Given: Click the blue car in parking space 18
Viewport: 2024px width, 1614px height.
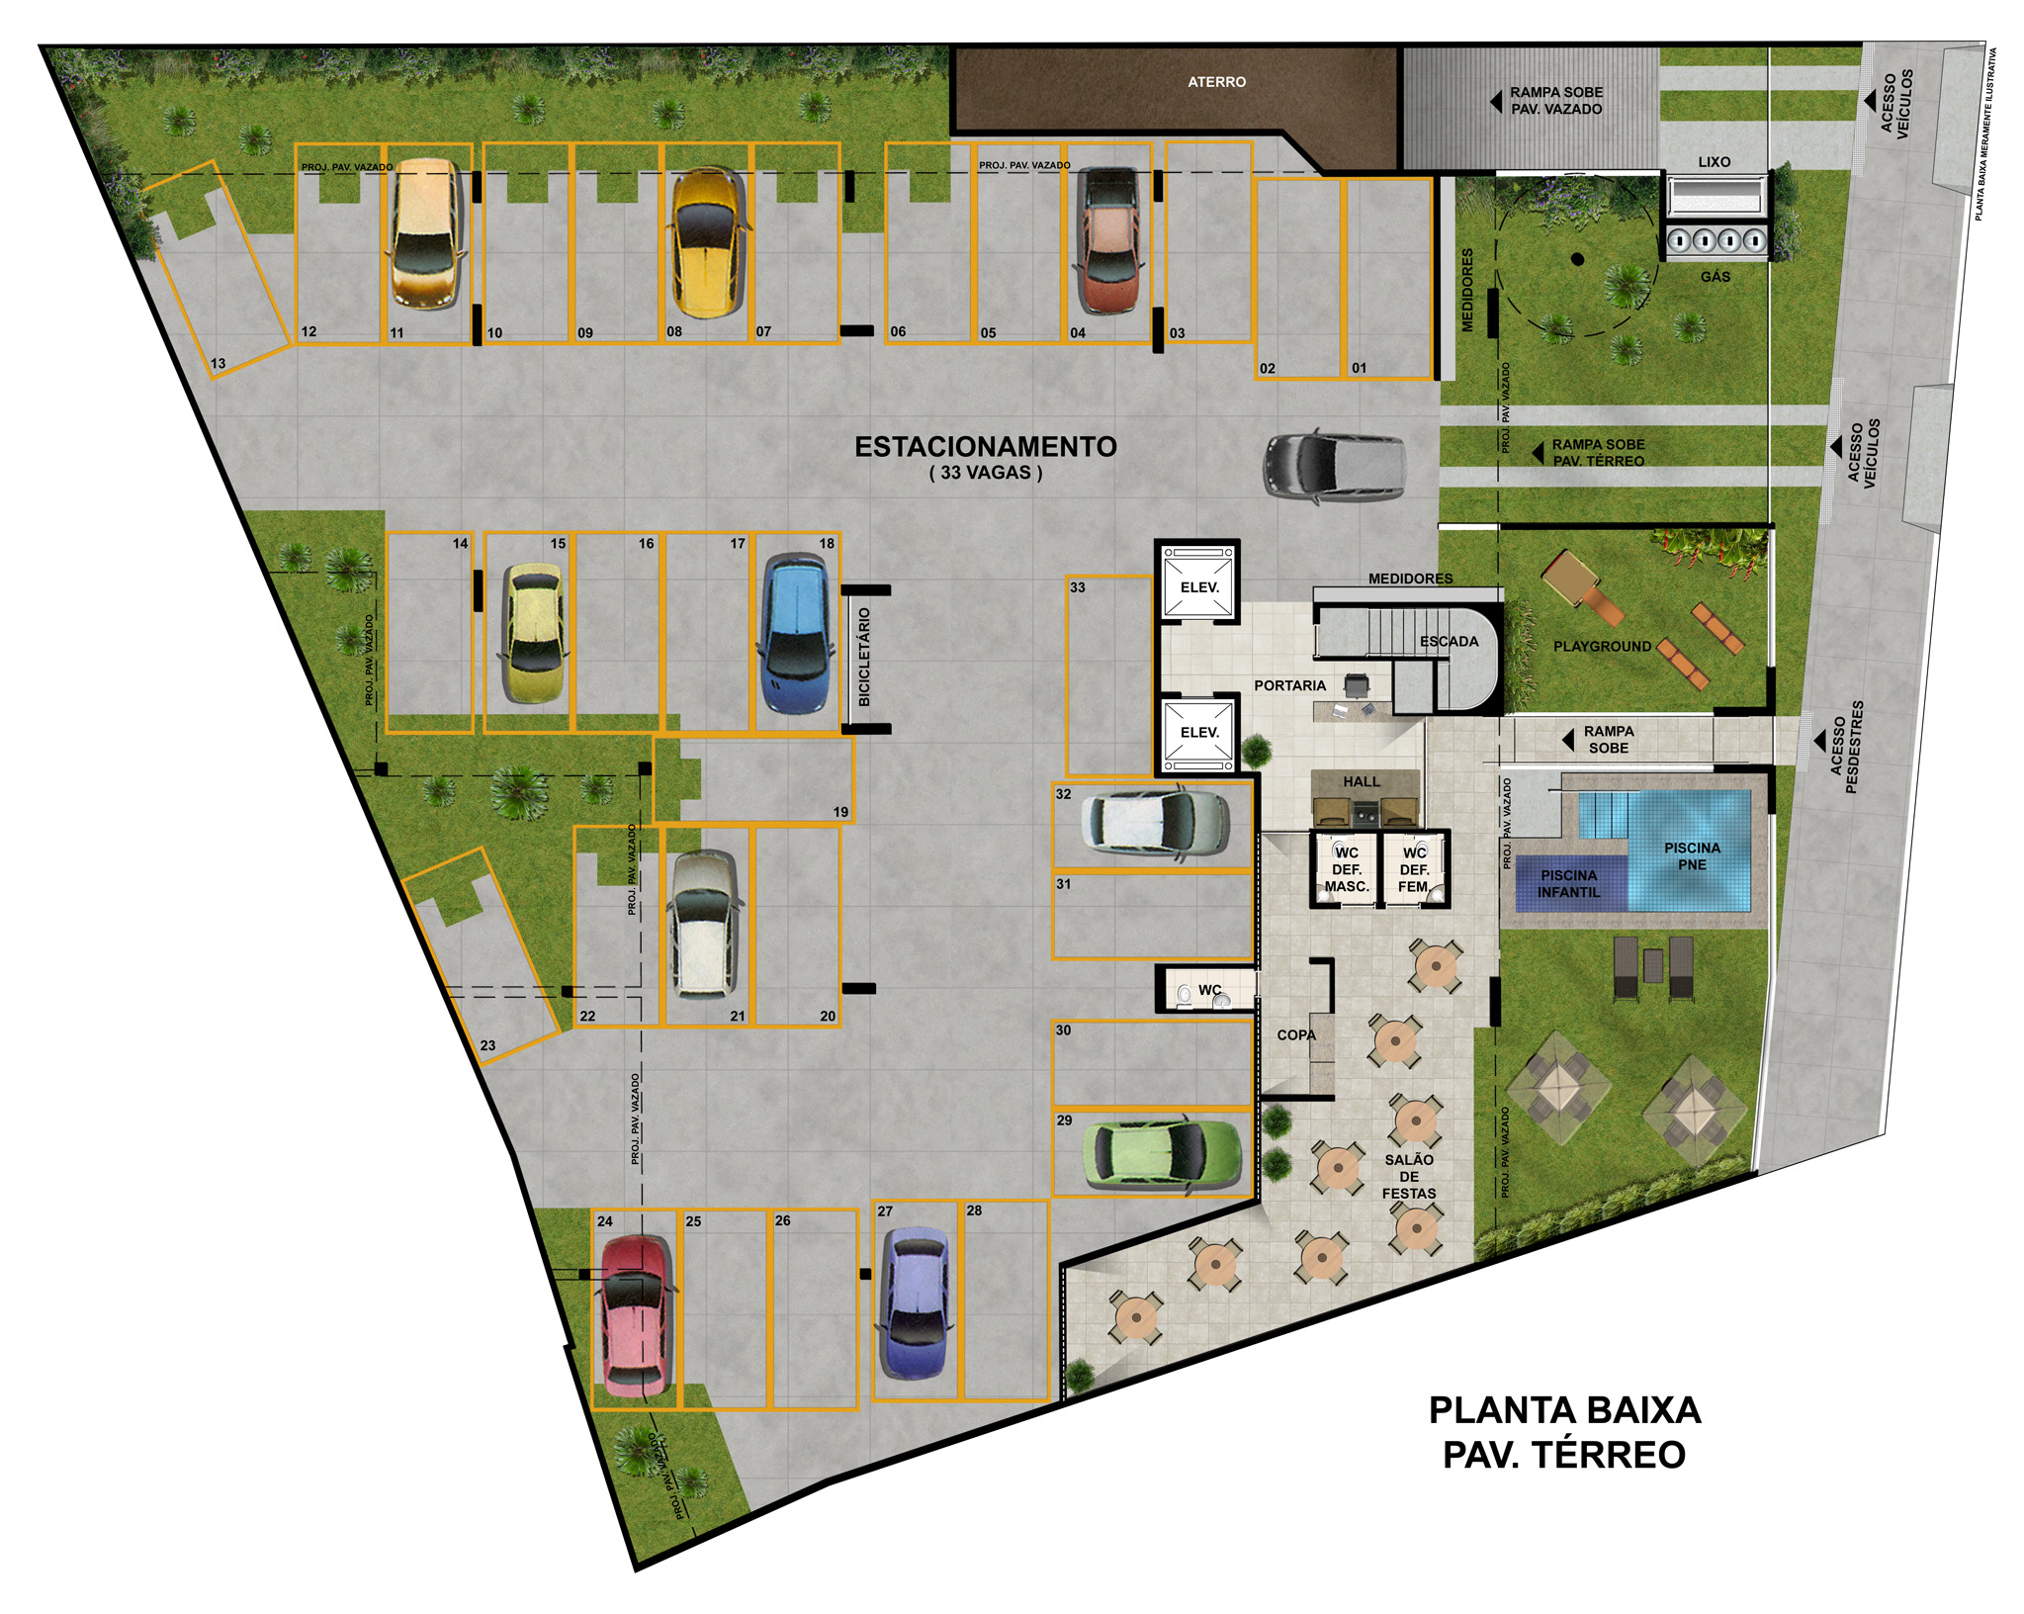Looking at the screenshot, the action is pos(797,634).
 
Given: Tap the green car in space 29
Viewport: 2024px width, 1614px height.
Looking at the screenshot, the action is pos(1162,1153).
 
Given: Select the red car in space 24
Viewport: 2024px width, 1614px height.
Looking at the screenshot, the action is pos(637,1316).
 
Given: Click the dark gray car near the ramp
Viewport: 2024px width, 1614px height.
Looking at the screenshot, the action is pos(1334,466).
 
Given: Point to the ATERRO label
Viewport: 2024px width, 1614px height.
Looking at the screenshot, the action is pos(1216,82).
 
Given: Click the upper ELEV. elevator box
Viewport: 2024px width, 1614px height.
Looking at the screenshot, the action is pos(1198,587).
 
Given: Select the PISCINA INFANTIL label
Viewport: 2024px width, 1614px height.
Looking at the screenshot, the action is pos(1568,883).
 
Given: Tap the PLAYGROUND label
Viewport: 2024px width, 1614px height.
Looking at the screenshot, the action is pos(1602,646).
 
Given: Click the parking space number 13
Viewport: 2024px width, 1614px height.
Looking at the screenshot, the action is pos(218,363).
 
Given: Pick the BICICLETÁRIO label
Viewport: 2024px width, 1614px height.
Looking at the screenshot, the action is pos(864,657).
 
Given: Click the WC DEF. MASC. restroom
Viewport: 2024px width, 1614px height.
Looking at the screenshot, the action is pos(1346,868).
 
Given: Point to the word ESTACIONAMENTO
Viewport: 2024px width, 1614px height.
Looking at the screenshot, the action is pos(985,447).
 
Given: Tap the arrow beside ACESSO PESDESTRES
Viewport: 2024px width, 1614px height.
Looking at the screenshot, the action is pos(1818,740).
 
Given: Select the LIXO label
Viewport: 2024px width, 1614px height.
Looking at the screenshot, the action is pos(1714,162).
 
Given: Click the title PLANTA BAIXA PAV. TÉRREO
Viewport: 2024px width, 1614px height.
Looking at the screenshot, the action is pos(1564,1432).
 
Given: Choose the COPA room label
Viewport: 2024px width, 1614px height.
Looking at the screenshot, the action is pos(1295,1034).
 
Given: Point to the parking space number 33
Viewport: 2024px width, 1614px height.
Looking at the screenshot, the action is pos(1077,587).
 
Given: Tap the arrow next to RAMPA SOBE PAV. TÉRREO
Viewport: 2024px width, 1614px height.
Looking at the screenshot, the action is pos(1538,453).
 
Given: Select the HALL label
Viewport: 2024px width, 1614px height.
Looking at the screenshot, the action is pos(1361,781).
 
